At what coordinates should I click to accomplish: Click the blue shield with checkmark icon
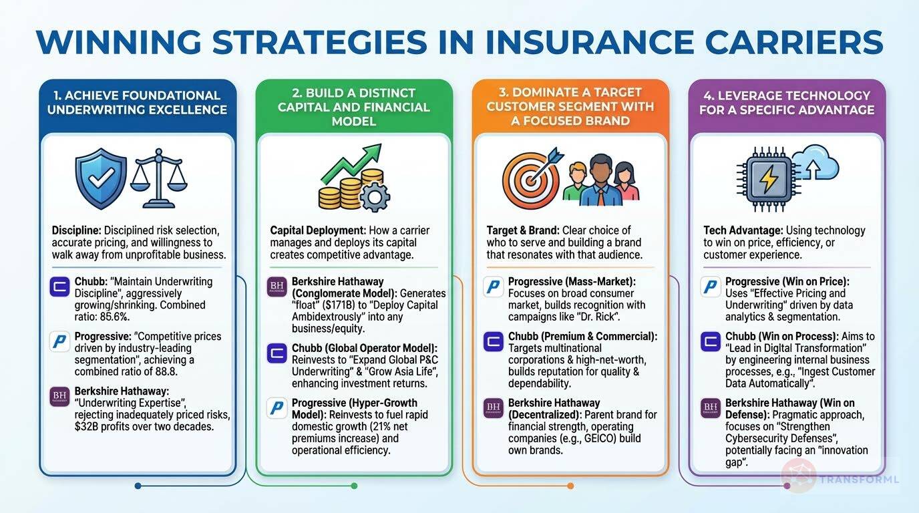point(101,180)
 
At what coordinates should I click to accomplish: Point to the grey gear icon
point(375,196)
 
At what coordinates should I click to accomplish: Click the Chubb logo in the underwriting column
point(59,287)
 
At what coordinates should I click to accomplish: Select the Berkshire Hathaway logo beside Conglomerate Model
point(277,287)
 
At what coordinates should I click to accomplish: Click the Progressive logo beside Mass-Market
point(494,287)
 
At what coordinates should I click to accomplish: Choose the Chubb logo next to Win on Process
point(711,341)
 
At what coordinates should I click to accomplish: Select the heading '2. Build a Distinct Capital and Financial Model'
point(354,107)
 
